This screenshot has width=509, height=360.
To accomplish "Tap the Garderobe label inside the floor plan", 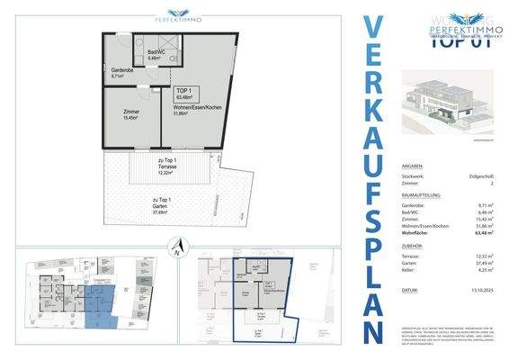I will coord(123,72).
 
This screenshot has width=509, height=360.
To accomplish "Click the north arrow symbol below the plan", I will coord(178,245).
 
